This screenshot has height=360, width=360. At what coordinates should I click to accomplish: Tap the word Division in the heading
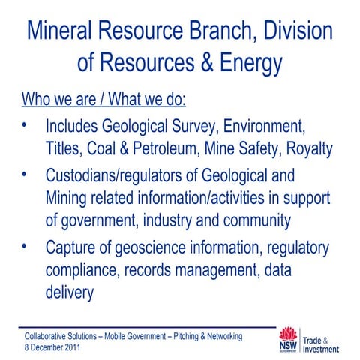pos(291,31)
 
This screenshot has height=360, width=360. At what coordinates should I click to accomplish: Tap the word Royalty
pos(304,148)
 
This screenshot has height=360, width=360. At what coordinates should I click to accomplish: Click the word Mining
pos(69,201)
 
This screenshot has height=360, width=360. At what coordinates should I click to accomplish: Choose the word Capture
pos(72,248)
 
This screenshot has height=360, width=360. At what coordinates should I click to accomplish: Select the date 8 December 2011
pos(54,348)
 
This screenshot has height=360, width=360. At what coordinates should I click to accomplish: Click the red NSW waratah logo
pos(289,339)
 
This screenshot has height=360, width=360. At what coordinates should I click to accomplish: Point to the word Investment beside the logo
pos(323,349)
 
